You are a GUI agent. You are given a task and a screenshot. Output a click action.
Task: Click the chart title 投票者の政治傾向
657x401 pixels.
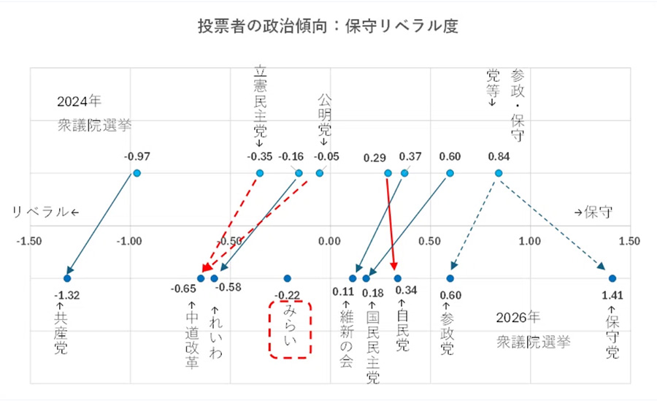328,26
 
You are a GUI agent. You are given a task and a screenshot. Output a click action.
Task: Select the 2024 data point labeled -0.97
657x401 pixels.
137,173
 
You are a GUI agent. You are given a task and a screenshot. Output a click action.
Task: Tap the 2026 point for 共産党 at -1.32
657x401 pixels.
67,278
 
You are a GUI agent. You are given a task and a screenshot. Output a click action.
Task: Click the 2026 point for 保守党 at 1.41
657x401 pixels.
612,278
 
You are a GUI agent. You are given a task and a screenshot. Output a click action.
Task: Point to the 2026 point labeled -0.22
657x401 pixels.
288,278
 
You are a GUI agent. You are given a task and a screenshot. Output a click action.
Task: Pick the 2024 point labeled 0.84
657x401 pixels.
499,173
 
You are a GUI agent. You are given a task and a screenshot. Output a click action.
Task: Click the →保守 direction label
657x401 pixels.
593,213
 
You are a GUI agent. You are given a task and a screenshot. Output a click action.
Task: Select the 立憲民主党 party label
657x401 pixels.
260,102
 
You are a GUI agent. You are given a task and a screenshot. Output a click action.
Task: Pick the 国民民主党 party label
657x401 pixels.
372,343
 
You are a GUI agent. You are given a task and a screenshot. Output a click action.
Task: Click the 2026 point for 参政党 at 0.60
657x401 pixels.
450,278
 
